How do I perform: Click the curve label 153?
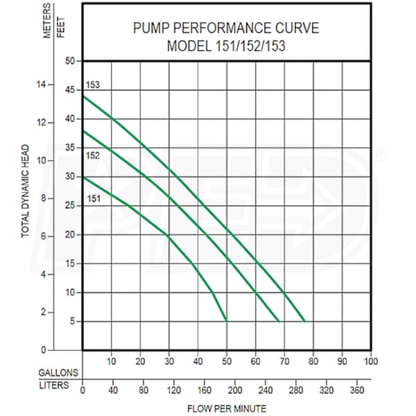(93, 85)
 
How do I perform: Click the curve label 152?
(93, 155)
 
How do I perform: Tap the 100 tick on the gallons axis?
(371, 361)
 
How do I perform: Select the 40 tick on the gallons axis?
(198, 361)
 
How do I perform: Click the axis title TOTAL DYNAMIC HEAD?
(26, 191)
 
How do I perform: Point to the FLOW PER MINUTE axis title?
(227, 408)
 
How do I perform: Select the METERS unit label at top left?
(48, 21)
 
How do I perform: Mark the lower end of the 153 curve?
(304, 321)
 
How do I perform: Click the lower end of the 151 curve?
(227, 320)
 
